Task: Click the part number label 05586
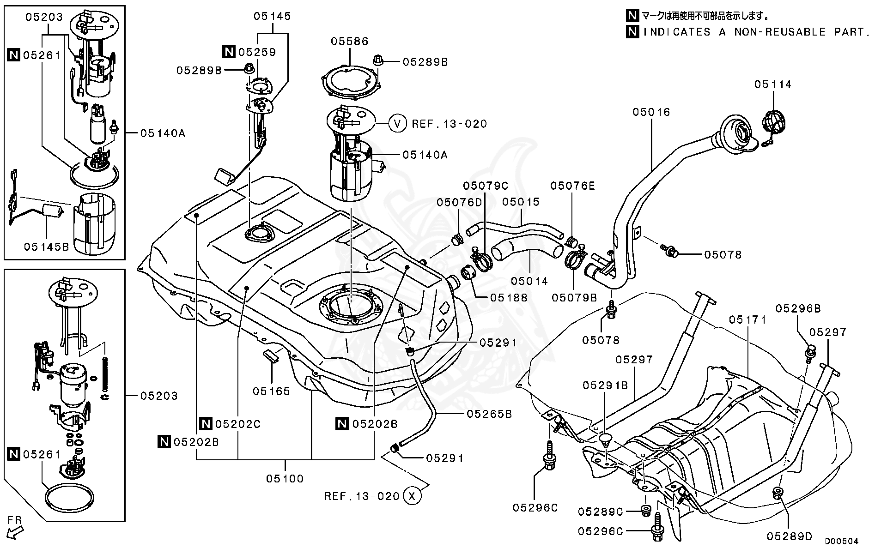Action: click(349, 42)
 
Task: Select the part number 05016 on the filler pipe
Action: click(651, 112)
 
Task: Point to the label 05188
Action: click(509, 298)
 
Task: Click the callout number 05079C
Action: click(486, 186)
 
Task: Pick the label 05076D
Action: click(459, 202)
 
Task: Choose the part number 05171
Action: click(748, 320)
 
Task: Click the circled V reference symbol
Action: click(397, 124)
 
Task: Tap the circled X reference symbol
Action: click(413, 496)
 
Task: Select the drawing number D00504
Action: click(842, 541)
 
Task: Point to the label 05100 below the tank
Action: click(285, 479)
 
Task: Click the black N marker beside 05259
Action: click(229, 52)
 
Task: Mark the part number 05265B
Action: click(490, 414)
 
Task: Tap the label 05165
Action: click(272, 391)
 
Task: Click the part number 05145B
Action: click(47, 247)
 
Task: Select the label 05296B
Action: click(798, 309)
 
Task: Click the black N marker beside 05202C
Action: click(206, 423)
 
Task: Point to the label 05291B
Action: click(605, 385)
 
